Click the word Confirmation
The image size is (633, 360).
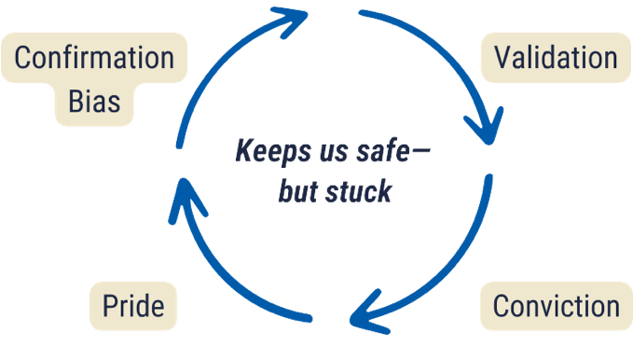(94, 58)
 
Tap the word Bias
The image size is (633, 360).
(94, 100)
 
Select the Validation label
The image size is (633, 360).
(556, 58)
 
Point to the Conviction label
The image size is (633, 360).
(556, 306)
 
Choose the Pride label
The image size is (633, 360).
(133, 306)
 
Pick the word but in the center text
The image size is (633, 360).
(298, 192)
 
